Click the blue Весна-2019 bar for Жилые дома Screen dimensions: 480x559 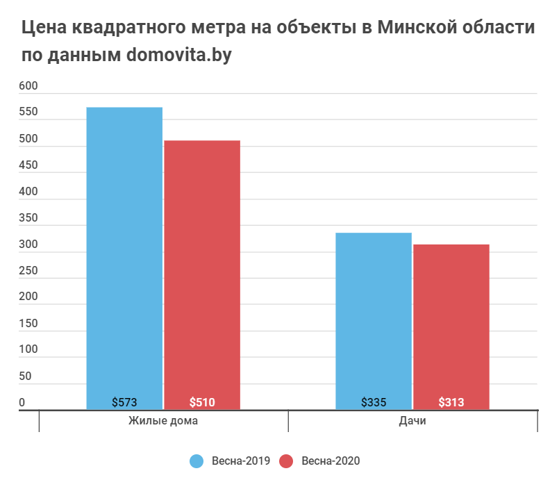pyautogui.click(x=124, y=257)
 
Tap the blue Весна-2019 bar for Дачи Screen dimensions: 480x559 pyautogui.click(x=374, y=320)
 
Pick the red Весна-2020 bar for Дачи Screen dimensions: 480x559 pyautogui.click(x=451, y=326)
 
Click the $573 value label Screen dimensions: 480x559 pyautogui.click(x=124, y=402)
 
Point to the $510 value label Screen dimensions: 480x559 pyautogui.click(x=202, y=402)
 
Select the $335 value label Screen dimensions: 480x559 pyautogui.click(x=374, y=402)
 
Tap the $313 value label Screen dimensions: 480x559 pyautogui.click(x=451, y=402)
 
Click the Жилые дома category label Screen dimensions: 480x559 pyautogui.click(x=163, y=422)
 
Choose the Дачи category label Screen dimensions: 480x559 pyautogui.click(x=412, y=422)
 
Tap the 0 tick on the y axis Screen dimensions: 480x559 pyautogui.click(x=22, y=403)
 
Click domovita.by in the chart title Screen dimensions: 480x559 pyautogui.click(x=178, y=56)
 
